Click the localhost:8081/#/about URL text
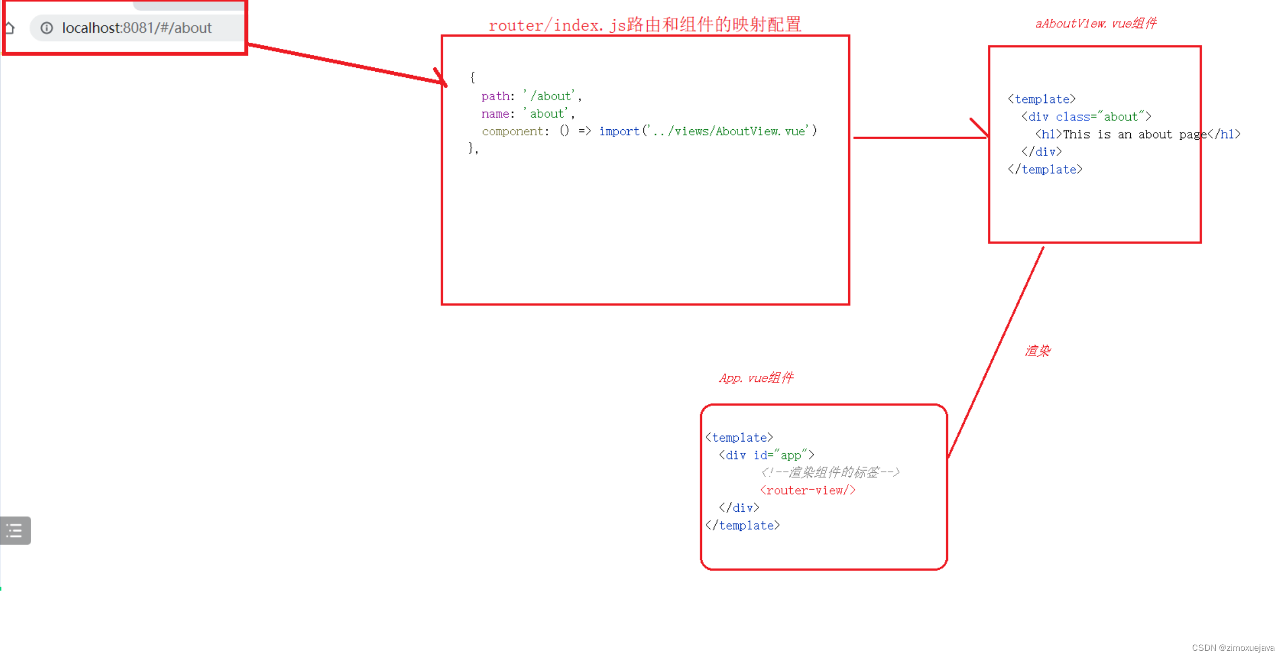(136, 28)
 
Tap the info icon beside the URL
(47, 28)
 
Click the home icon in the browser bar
(9, 28)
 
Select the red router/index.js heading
(645, 25)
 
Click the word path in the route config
(495, 96)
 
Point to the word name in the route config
(495, 114)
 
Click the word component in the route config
(512, 131)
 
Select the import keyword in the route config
(619, 131)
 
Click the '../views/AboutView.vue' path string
(728, 131)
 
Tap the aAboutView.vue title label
(1095, 24)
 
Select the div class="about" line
(1086, 117)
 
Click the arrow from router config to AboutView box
(920, 137)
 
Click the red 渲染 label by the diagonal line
(1037, 351)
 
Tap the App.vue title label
(756, 378)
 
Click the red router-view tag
(808, 491)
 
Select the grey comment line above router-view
(830, 473)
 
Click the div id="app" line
(767, 455)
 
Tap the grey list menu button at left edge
(15, 530)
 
